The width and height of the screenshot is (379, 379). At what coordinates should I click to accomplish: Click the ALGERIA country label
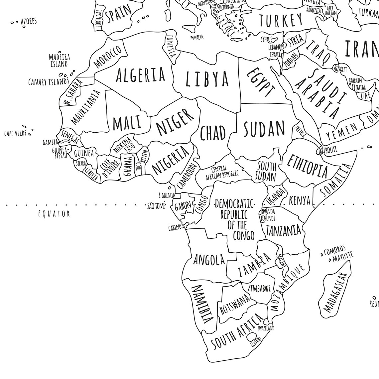tap(140, 74)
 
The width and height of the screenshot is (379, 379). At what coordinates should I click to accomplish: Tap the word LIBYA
tap(207, 79)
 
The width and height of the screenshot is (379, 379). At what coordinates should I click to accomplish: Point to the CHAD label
tap(213, 133)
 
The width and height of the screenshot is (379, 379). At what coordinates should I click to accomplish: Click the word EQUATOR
tap(54, 213)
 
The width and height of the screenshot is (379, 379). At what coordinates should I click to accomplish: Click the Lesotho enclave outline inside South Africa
tap(252, 337)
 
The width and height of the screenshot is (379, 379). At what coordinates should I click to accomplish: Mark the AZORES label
tap(29, 22)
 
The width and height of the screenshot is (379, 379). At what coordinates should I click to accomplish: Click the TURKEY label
tap(281, 20)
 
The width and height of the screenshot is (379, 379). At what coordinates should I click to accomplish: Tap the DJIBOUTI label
tap(328, 150)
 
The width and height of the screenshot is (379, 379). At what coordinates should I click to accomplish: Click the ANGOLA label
tap(209, 260)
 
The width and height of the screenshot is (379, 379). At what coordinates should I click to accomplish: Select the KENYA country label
tap(300, 200)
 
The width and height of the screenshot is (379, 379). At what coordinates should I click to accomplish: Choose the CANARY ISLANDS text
tap(48, 81)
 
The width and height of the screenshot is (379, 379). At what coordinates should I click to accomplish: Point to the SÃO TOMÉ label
tap(156, 206)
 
